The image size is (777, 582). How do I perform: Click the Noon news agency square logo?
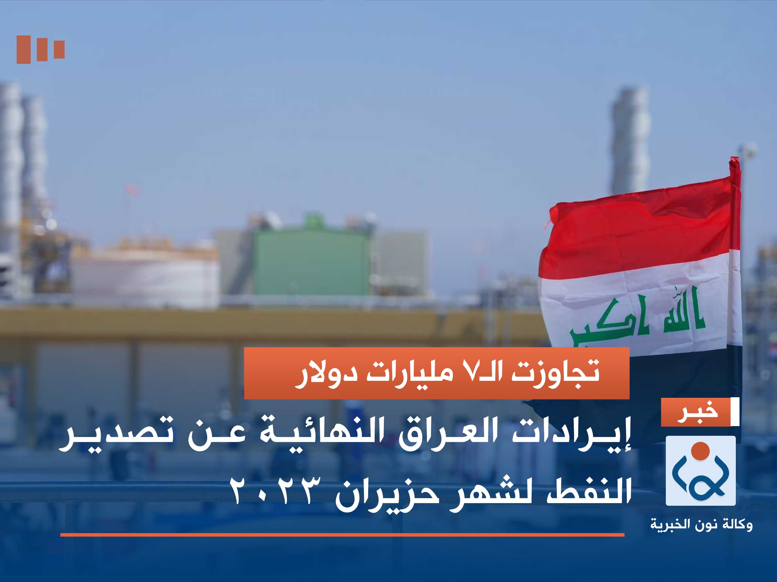(x=700, y=470)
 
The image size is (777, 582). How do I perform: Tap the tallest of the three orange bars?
(x=24, y=50)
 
